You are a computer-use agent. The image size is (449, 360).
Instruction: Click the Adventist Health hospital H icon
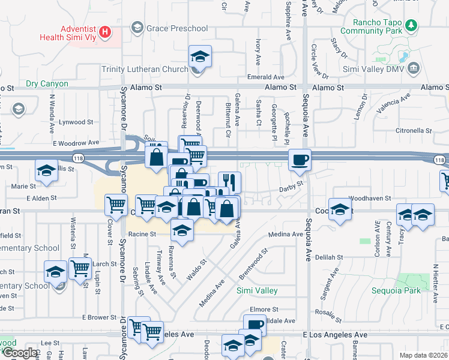(x=106, y=31)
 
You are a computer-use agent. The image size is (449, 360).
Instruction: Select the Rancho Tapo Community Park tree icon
(x=411, y=26)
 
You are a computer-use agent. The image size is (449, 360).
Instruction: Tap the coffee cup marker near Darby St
(x=300, y=160)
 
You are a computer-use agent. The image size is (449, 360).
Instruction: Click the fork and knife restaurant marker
(x=229, y=181)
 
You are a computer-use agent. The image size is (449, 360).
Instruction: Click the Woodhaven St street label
(x=369, y=197)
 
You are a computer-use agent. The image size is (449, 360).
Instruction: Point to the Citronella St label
(x=412, y=130)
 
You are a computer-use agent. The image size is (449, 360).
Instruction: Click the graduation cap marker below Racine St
(x=182, y=230)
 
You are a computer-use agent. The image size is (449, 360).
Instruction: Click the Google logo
(x=20, y=353)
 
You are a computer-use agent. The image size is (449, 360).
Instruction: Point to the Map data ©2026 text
(x=423, y=355)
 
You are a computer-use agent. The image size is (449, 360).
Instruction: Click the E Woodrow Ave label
(x=75, y=143)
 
